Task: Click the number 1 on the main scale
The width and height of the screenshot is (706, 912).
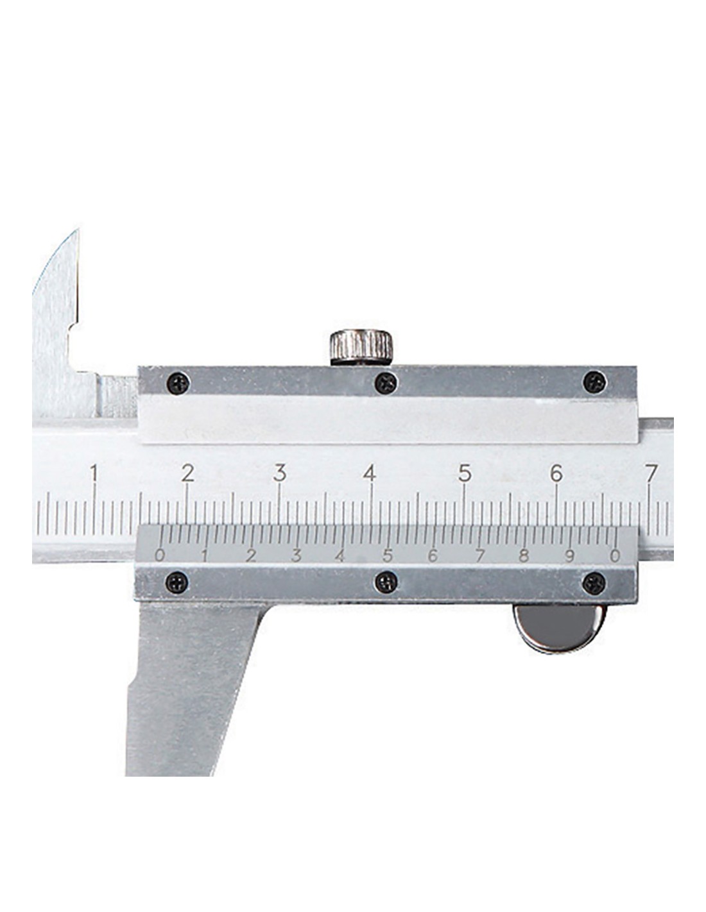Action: pos(94,473)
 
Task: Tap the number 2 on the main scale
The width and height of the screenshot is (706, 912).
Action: pos(187,473)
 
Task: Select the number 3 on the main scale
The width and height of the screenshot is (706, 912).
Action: pos(280,473)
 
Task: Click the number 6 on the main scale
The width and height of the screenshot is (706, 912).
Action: pos(556,473)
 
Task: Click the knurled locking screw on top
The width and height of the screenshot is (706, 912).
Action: pos(361,348)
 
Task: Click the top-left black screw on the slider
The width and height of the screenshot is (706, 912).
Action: pos(178,383)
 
